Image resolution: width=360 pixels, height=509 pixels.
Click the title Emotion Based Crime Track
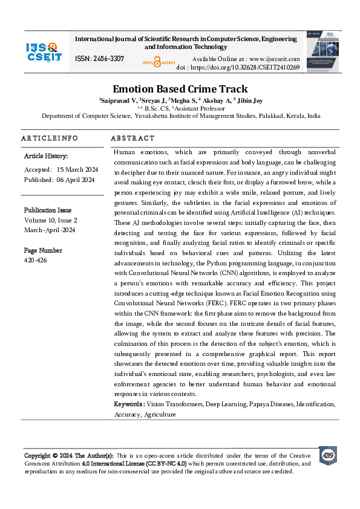180,88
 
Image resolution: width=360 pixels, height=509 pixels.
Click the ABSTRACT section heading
133,138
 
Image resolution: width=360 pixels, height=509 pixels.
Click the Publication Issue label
48,210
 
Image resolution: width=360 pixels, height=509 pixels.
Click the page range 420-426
35,260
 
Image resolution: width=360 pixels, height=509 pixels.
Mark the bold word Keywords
129,404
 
